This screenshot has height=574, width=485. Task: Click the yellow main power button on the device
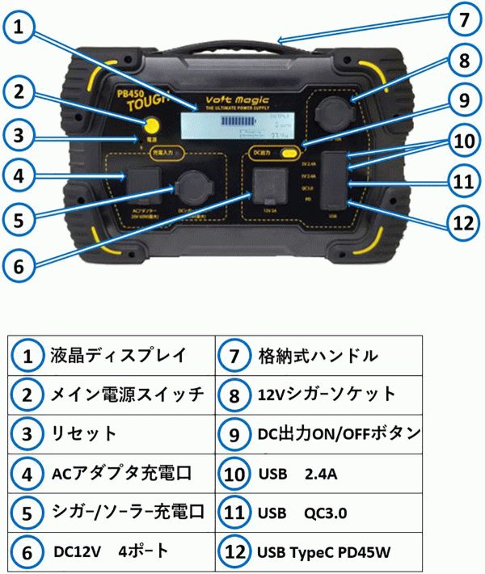[x=151, y=125]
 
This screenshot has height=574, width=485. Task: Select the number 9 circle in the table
[x=234, y=434]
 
